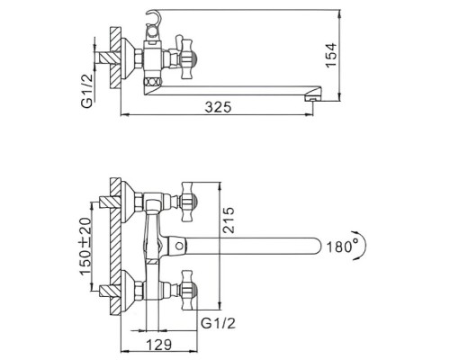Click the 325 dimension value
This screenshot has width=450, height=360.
tap(219, 107)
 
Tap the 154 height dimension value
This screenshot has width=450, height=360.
tap(331, 56)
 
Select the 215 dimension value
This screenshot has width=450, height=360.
tap(229, 220)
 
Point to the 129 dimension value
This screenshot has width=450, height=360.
tap(159, 345)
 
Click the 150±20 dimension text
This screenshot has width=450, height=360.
tap(85, 246)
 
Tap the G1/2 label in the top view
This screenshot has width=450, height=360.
tap(86, 91)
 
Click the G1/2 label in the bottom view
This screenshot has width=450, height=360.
tap(218, 324)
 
